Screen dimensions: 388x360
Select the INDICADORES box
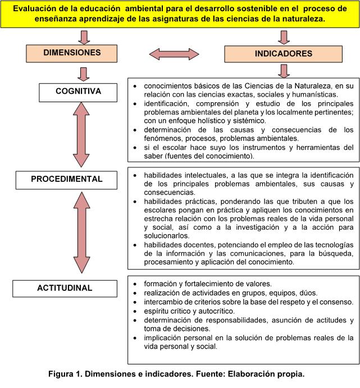[x=284, y=54]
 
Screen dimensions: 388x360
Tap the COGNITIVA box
[x=78, y=91]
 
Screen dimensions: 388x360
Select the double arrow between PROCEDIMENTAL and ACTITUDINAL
[x=83, y=233]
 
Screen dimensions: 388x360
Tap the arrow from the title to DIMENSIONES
[x=84, y=36]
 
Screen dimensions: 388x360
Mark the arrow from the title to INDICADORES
[x=284, y=36]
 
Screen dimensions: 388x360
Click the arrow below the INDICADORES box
[x=284, y=70]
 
